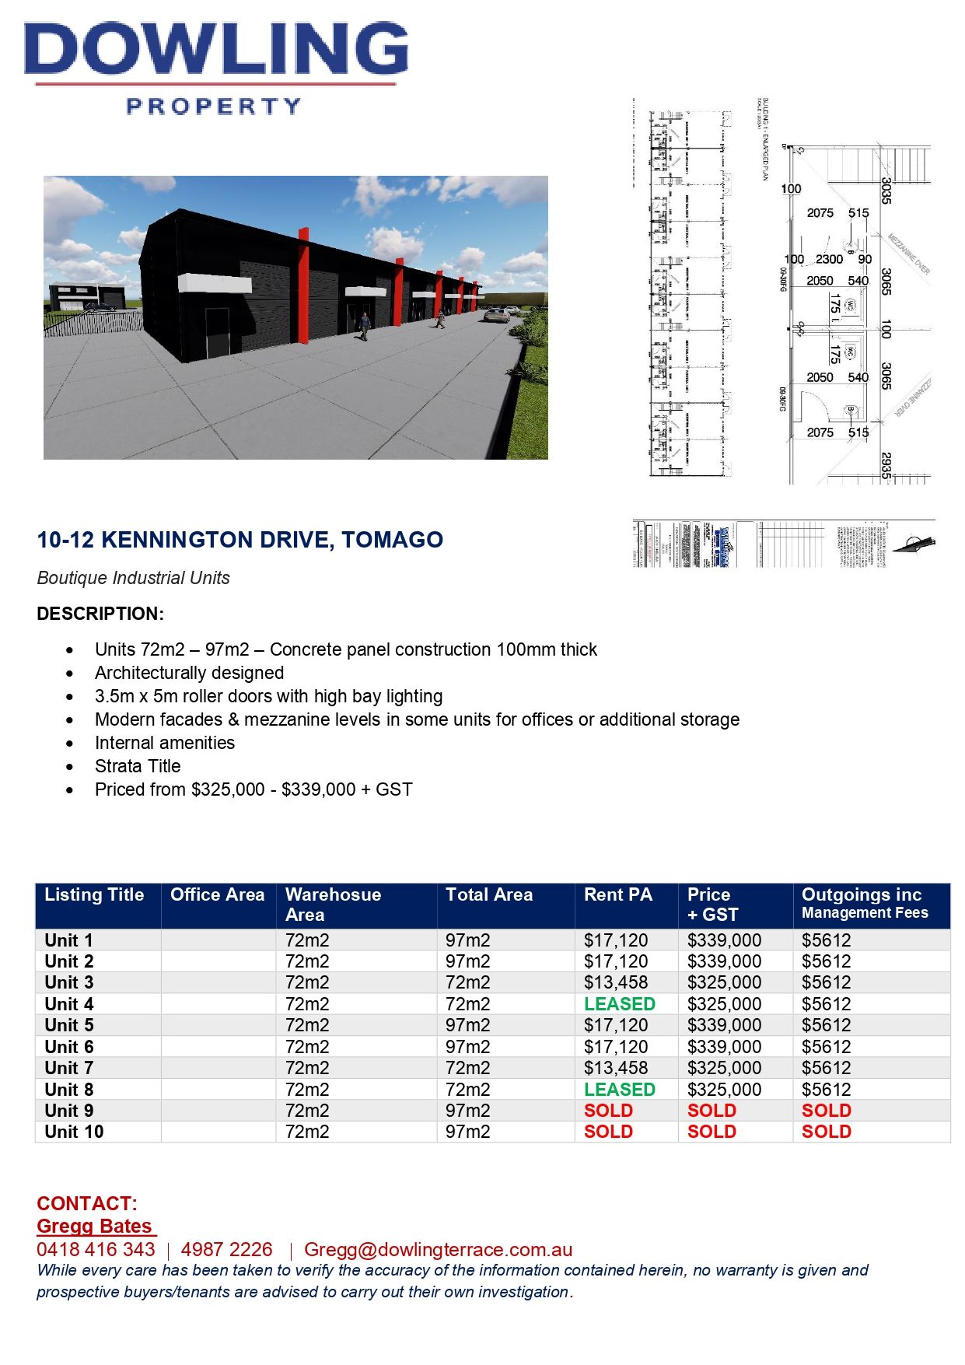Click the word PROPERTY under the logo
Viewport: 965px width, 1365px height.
pos(214,106)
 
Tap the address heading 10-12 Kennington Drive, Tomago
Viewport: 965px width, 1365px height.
pos(240,540)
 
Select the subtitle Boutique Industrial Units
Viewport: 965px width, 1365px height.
pos(133,578)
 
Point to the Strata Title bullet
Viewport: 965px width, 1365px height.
pos(138,766)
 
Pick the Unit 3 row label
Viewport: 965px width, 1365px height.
pos(69,982)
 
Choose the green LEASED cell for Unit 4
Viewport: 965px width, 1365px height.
pos(620,1004)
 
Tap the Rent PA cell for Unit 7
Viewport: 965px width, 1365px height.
pos(615,1068)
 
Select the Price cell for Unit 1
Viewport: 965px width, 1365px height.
pos(724,940)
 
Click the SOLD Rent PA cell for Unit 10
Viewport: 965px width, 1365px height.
pos(608,1132)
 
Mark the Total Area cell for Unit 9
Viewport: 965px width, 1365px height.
pos(467,1111)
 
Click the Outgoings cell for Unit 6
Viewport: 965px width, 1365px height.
pos(826,1047)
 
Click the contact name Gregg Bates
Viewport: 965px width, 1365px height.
pos(94,1227)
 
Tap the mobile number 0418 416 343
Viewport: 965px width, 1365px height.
pos(96,1250)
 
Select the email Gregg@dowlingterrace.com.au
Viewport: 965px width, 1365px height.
pos(438,1250)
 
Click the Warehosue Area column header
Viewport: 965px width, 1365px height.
pos(333,905)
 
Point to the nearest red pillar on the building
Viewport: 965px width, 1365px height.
pos(302,286)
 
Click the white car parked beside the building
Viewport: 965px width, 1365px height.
pos(495,313)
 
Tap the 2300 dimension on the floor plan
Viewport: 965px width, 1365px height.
pos(829,259)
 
